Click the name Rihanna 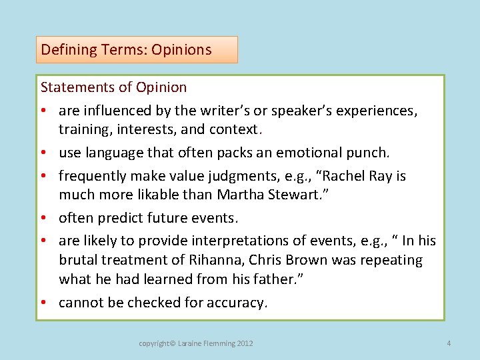click(x=216, y=260)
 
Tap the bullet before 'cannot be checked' click(x=45, y=303)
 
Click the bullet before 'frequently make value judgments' click(x=45, y=176)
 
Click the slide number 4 click(x=449, y=343)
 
